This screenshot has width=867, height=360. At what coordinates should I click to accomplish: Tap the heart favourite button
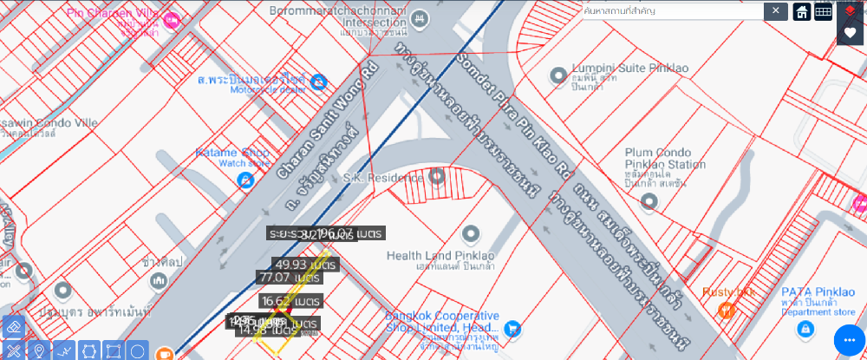click(x=850, y=32)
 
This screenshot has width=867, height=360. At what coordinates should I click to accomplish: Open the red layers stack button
click(x=850, y=10)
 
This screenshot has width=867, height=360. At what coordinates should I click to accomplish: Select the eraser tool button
click(x=12, y=328)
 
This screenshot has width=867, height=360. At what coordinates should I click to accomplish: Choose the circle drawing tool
click(x=137, y=351)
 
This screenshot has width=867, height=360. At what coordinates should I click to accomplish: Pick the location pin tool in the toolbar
click(x=38, y=351)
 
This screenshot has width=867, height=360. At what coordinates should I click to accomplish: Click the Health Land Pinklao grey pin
click(x=471, y=234)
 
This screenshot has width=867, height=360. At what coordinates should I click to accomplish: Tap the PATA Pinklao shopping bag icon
click(x=805, y=329)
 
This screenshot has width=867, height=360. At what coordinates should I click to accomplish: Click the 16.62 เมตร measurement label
click(x=290, y=300)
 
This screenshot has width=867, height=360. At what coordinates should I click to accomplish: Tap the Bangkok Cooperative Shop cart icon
click(x=512, y=329)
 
